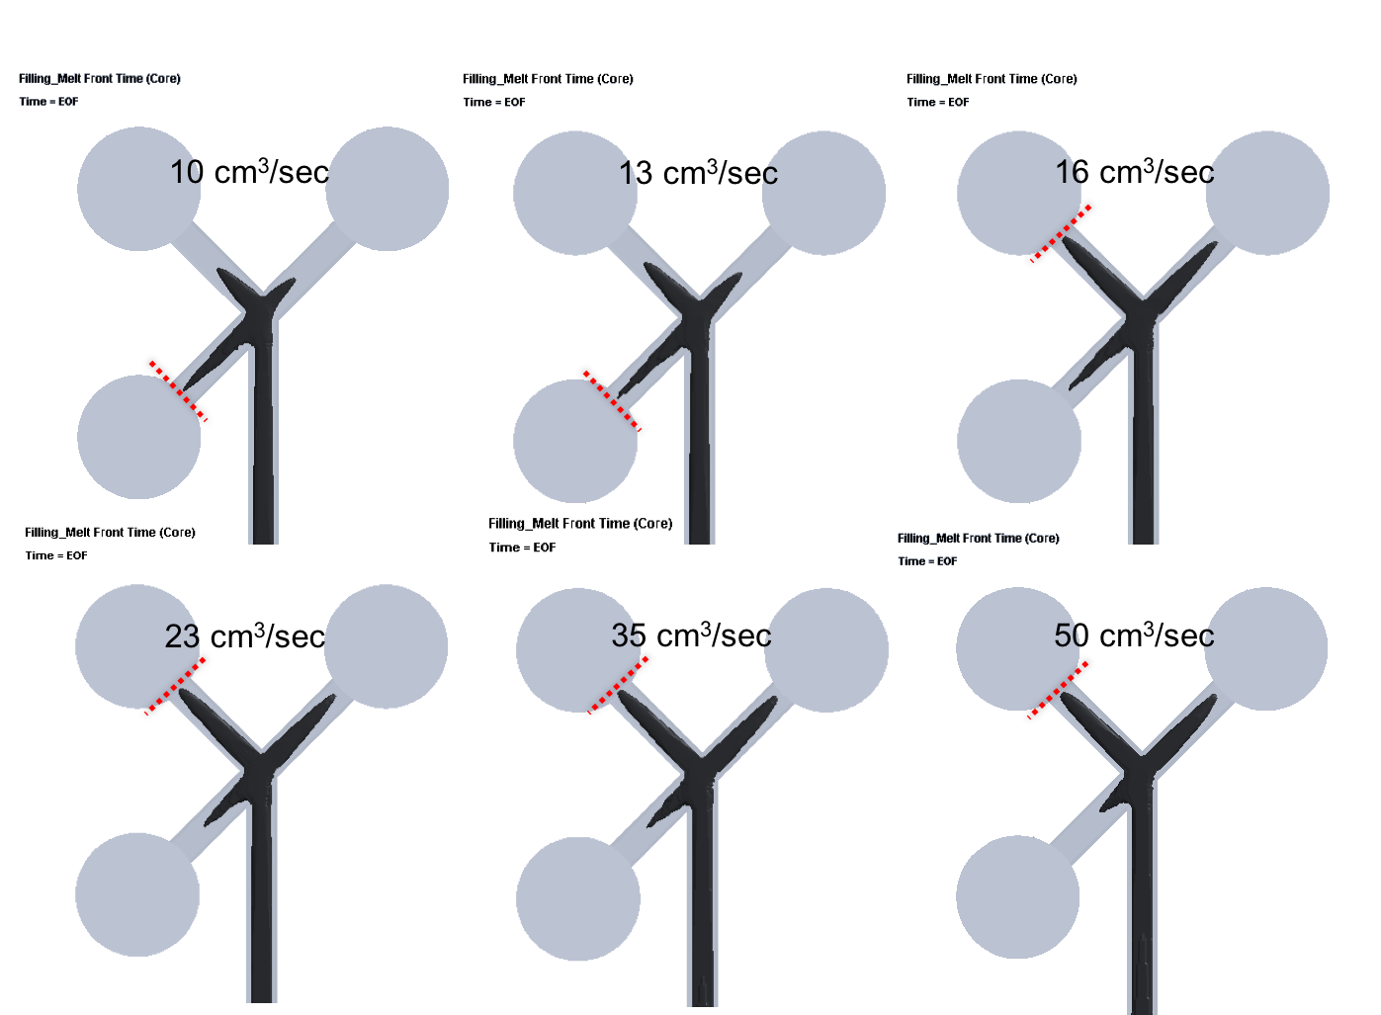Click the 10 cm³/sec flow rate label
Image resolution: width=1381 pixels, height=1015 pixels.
click(x=249, y=171)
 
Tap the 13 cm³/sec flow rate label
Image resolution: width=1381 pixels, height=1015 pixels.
click(x=698, y=173)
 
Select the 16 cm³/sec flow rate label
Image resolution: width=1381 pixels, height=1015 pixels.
click(x=1135, y=171)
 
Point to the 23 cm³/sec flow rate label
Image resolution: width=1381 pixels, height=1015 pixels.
click(x=245, y=636)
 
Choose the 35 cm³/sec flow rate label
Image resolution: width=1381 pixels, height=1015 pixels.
click(x=691, y=634)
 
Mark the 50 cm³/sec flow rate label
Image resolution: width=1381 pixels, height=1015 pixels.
click(x=1135, y=634)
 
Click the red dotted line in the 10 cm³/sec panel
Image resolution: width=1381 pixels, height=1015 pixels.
click(x=178, y=391)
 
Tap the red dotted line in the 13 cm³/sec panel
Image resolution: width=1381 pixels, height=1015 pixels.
click(x=612, y=401)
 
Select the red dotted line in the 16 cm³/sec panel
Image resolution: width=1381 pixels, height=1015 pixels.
click(x=1061, y=234)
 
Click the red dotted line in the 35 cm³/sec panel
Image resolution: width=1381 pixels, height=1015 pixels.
click(x=618, y=685)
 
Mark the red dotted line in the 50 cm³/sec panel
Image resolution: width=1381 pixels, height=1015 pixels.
click(x=1058, y=691)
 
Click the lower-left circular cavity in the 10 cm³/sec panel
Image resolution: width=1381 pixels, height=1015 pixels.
click(x=139, y=437)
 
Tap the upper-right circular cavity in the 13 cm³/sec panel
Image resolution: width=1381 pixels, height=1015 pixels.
click(x=823, y=193)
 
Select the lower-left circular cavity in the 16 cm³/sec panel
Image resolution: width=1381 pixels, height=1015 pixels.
click(x=1019, y=441)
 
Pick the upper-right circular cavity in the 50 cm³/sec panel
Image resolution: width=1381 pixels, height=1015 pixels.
click(x=1265, y=649)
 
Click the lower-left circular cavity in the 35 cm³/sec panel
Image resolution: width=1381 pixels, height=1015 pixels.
click(x=578, y=898)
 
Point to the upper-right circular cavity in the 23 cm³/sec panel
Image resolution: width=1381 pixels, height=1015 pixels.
click(x=386, y=646)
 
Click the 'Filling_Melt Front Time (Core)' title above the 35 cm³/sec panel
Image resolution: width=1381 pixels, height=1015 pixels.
click(x=580, y=523)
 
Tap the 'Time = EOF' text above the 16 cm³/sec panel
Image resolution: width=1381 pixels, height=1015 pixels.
click(x=938, y=103)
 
